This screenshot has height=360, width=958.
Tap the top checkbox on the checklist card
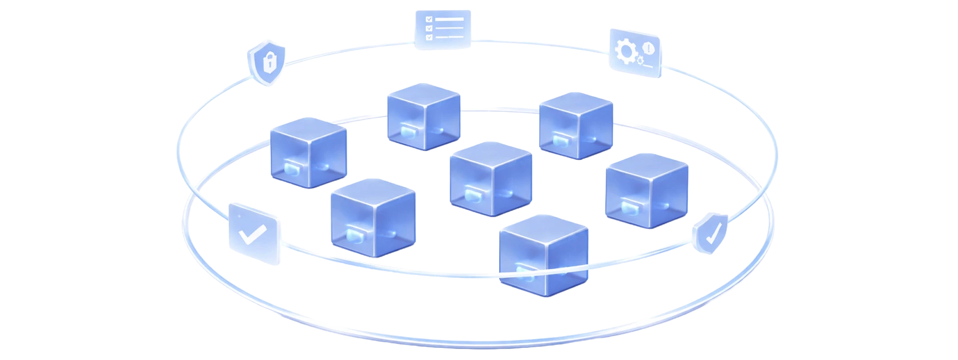click(x=429, y=19)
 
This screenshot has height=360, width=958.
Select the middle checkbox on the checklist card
click(x=429, y=28)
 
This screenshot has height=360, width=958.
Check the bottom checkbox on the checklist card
click(x=429, y=36)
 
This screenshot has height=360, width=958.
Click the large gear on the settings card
click(x=625, y=51)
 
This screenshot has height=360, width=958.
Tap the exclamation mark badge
click(x=648, y=46)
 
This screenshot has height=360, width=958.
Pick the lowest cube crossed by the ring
click(x=544, y=255)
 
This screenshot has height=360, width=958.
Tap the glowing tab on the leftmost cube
click(x=291, y=169)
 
